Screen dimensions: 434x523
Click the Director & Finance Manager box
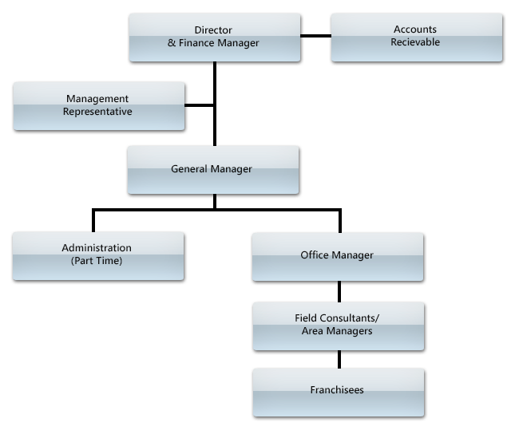click(x=214, y=37)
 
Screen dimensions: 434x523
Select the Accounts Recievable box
click(x=415, y=37)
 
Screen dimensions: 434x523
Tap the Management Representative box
click(x=98, y=106)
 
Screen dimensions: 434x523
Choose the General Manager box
click(x=212, y=169)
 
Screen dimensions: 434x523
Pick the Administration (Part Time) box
click(x=97, y=255)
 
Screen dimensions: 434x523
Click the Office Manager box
click(x=337, y=255)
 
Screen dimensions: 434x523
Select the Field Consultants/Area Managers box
click(x=337, y=325)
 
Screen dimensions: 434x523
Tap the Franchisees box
click(x=337, y=390)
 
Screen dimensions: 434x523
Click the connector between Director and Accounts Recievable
click(x=315, y=37)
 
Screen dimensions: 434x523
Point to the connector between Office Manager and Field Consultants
click(x=339, y=292)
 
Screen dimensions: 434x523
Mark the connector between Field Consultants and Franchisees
click(x=339, y=360)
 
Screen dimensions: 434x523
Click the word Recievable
click(x=415, y=42)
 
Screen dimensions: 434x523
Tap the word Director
click(x=213, y=30)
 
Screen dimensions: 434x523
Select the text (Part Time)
click(x=97, y=261)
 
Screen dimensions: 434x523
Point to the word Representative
click(x=97, y=112)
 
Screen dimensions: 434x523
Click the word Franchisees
click(x=337, y=390)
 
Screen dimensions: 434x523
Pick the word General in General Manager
click(x=189, y=169)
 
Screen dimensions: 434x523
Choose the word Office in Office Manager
click(x=314, y=255)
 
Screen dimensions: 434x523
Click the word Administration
click(x=97, y=248)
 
